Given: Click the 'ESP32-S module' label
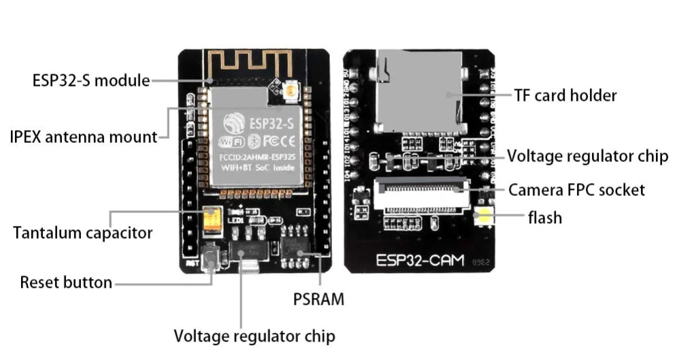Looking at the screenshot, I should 90,80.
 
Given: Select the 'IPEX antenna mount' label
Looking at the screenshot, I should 84,137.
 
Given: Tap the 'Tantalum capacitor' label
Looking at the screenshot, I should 82,233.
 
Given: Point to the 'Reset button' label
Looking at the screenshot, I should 66,282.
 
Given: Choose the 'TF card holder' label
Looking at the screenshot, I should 565,95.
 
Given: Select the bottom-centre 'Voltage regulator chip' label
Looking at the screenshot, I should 254,336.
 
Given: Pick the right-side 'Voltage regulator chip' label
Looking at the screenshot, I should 588,156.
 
